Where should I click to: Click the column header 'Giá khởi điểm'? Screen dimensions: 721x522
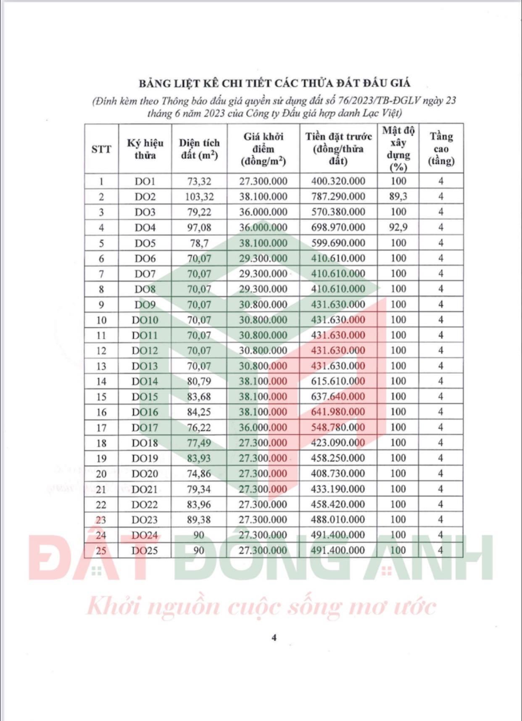point(263,149)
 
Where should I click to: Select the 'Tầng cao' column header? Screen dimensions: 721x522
point(441,149)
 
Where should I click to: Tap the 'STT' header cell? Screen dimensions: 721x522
point(101,149)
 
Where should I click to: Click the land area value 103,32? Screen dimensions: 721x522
point(199,197)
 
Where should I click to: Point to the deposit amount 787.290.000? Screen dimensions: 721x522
point(338,197)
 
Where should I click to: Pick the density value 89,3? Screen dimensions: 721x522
point(398,197)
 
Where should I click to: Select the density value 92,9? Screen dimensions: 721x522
point(398,227)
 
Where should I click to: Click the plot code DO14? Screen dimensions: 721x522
point(145,382)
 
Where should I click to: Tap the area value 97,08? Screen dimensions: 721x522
point(199,228)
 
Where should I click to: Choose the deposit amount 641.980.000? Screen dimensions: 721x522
point(338,412)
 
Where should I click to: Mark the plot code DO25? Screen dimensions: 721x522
point(145,550)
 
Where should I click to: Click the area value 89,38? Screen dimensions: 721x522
point(199,520)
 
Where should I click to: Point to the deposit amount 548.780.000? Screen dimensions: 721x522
point(338,427)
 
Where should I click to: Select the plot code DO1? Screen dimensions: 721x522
point(145,182)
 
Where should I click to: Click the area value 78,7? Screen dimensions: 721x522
point(199,243)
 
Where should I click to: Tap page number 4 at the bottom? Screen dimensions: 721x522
point(274,637)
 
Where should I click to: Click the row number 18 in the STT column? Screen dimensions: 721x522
point(101,443)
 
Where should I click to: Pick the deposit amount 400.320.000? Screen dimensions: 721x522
point(338,181)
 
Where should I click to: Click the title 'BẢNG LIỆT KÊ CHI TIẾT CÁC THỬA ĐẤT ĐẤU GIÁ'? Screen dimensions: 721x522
point(274,83)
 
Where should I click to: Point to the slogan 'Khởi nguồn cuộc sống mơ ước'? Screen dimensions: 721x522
point(261,607)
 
